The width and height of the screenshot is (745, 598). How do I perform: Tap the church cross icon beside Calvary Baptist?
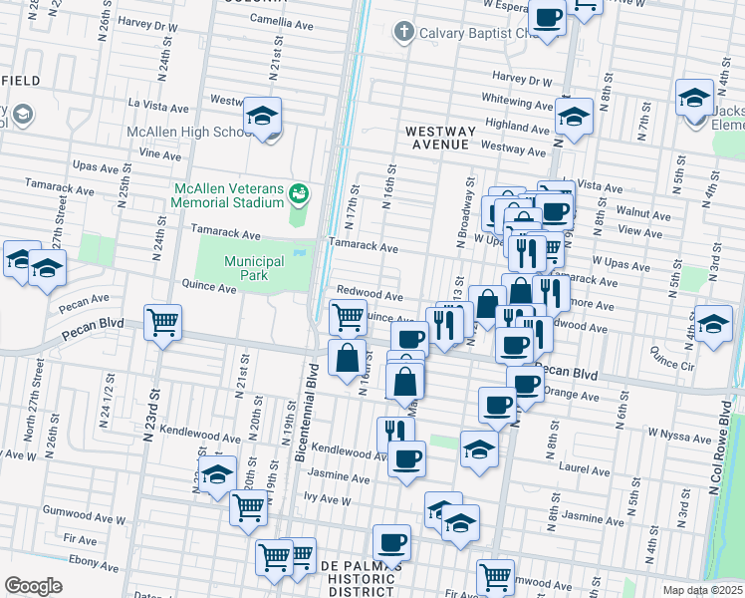pyautogui.click(x=403, y=31)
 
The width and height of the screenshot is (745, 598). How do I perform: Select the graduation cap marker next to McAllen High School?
pyautogui.click(x=263, y=118)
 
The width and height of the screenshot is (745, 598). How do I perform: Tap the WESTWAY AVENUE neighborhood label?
pyautogui.click(x=436, y=138)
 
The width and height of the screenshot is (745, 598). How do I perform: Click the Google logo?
pyautogui.click(x=33, y=585)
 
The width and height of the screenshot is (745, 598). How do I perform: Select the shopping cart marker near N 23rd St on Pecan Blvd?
pyautogui.click(x=162, y=323)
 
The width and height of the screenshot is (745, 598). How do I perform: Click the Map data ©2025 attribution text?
pyautogui.click(x=702, y=590)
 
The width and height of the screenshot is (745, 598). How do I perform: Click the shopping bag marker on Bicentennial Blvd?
pyautogui.click(x=346, y=360)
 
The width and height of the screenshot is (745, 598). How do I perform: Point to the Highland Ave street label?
pyautogui.click(x=517, y=128)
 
